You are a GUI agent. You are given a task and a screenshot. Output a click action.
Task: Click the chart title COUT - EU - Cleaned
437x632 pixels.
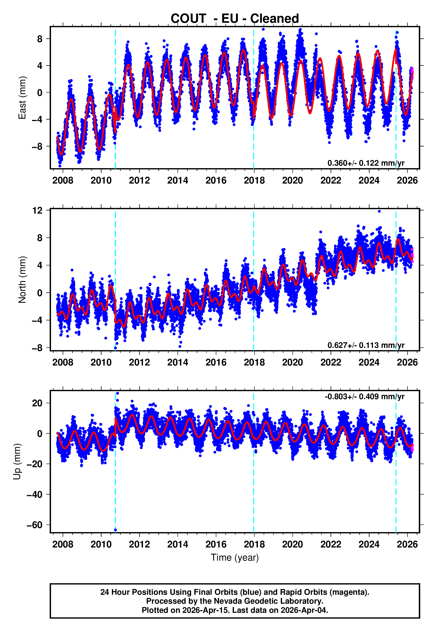pos(235,19)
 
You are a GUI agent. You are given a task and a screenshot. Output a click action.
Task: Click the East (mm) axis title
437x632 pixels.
pos(22,98)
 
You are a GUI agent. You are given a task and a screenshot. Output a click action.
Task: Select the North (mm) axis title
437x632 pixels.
pos(22,280)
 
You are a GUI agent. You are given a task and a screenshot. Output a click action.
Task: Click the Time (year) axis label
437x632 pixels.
pos(235,558)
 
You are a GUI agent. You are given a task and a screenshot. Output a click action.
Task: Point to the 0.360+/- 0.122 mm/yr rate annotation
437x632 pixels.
pos(366,163)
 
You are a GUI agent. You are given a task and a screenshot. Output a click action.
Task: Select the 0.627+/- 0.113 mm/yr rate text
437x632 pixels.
pos(366,345)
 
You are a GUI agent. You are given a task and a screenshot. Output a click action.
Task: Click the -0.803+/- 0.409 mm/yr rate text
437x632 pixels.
pos(364,397)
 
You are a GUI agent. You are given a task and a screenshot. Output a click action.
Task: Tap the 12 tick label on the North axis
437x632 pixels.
pos(37,211)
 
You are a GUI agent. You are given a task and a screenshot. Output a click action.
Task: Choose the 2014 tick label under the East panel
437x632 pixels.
pos(178,180)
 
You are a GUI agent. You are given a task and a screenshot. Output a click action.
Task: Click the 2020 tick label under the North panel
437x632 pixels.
pos(292,362)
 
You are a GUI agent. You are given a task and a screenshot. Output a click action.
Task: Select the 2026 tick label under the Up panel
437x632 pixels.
pos(407,544)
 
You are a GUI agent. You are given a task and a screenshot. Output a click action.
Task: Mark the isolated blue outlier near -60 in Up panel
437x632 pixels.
pos(115,530)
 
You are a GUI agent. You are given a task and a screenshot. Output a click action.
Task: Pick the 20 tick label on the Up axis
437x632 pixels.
pos(37,403)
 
